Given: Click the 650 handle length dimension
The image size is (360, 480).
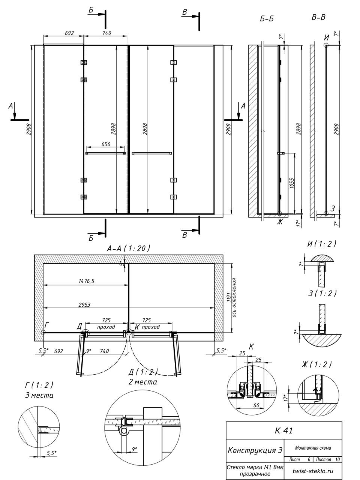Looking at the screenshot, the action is tap(106, 144).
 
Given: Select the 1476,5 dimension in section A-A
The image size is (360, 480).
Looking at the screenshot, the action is tap(86, 281).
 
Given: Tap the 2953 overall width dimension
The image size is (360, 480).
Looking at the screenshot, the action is tap(84, 305).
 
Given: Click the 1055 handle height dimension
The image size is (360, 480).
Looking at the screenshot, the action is tap(292, 183).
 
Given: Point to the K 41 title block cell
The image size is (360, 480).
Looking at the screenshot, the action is tap(284, 430).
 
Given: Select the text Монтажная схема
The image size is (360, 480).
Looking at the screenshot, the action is tap(313, 448).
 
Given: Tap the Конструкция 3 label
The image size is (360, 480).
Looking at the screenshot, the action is tap(255, 450).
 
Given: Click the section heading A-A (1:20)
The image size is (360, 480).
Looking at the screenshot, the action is tap(129, 248).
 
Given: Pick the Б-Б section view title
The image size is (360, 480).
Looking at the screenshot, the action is tap(267, 19).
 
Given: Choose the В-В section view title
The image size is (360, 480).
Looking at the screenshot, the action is tap(318, 17).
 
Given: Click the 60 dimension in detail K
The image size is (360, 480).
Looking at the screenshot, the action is tap(256, 405).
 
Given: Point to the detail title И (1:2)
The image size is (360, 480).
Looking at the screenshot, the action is tap(322, 244).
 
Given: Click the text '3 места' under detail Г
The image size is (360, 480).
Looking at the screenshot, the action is tap(39, 395).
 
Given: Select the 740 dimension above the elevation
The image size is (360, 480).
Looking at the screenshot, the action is tap(106, 33).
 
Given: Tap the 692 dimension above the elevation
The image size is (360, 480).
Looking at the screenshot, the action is tap(69, 33).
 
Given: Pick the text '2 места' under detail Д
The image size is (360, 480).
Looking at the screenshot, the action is tap(143, 382).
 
